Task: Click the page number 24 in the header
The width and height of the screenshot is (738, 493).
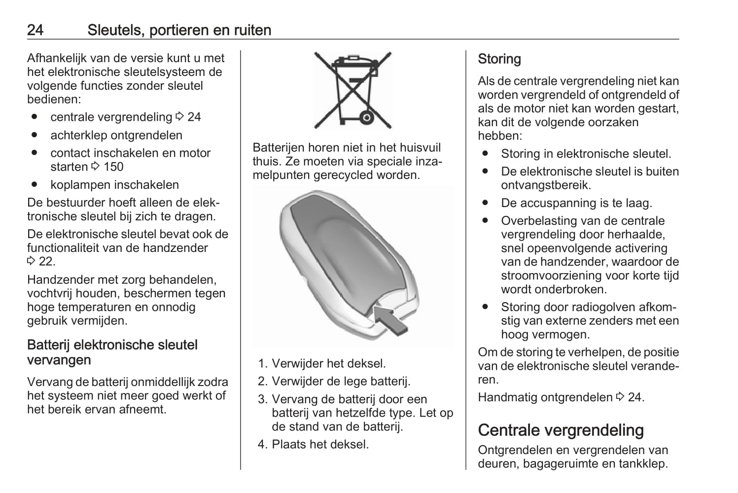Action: tap(35, 30)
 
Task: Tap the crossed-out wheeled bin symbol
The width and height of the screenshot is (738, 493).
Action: tap(352, 90)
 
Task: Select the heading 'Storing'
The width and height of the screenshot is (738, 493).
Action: tap(499, 59)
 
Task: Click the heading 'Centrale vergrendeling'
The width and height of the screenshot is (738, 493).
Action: tap(561, 430)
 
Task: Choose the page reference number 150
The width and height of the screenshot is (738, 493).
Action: tap(113, 167)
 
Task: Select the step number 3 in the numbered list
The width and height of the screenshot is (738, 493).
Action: tap(262, 399)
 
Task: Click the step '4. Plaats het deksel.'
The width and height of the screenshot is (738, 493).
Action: tap(313, 444)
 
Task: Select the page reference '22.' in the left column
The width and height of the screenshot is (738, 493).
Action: tap(47, 262)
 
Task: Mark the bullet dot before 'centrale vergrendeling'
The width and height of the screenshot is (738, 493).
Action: tap(34, 117)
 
